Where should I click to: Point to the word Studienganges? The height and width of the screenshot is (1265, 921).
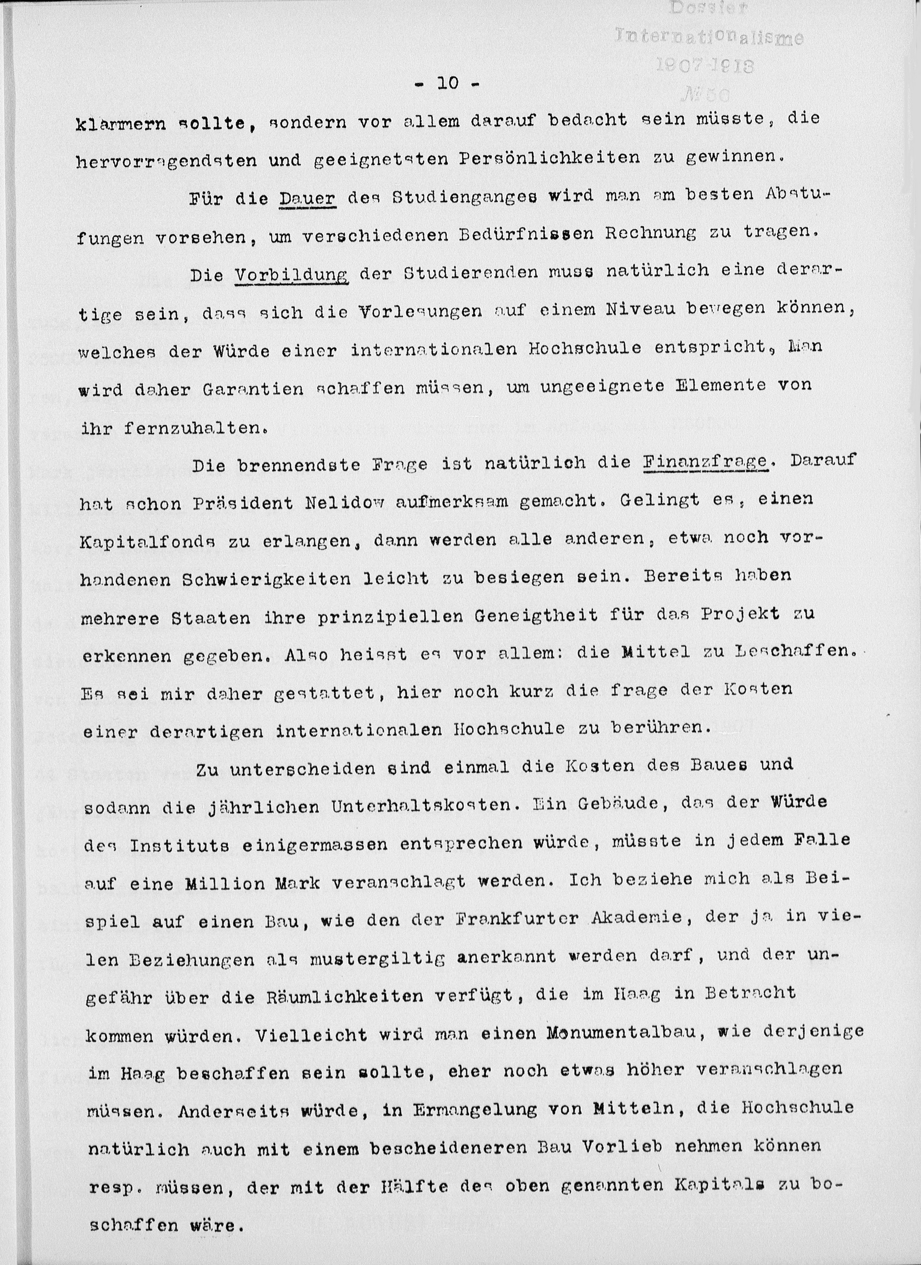point(465,198)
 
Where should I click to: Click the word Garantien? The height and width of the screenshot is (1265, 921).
point(253,389)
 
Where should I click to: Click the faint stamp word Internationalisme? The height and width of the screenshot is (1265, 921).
point(709,37)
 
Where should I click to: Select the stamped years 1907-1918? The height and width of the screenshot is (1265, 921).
point(705,66)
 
